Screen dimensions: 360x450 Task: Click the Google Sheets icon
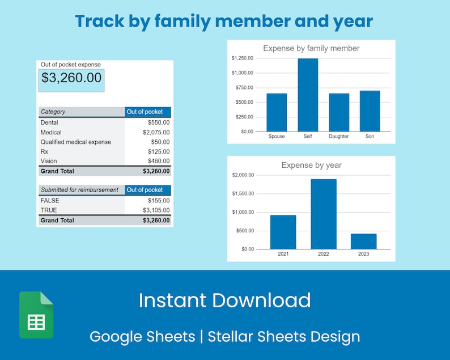(36, 315)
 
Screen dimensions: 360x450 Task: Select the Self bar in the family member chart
(308, 95)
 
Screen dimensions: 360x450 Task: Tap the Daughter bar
(339, 112)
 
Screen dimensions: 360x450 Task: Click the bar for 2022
(323, 214)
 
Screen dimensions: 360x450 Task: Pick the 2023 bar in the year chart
(363, 241)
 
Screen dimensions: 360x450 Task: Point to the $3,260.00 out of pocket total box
(71, 78)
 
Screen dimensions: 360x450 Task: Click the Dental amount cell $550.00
(159, 122)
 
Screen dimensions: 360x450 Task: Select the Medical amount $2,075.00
(156, 132)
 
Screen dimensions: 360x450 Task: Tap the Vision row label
(49, 161)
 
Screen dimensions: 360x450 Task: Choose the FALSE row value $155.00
(159, 200)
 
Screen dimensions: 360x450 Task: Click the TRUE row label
(49, 210)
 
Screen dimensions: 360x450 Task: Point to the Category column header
(53, 112)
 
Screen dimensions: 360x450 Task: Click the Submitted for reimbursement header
(79, 190)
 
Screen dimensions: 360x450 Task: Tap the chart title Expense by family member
(311, 48)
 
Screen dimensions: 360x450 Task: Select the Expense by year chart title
(311, 165)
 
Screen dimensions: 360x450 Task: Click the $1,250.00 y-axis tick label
(243, 58)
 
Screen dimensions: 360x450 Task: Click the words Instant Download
(224, 300)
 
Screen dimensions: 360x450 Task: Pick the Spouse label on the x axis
(276, 137)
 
